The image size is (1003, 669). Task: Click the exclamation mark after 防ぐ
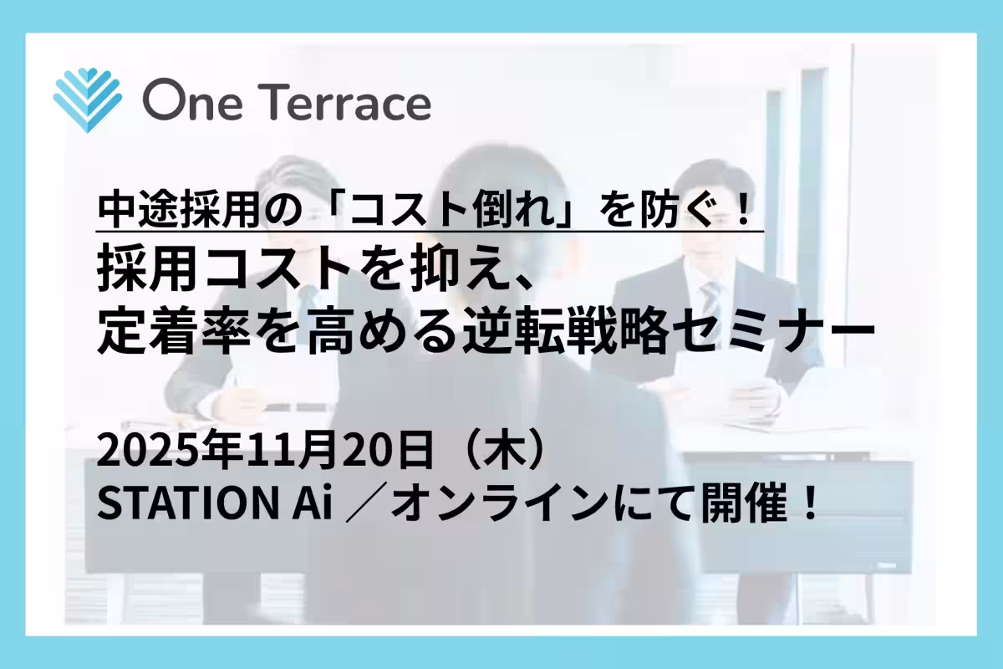tap(743, 207)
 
